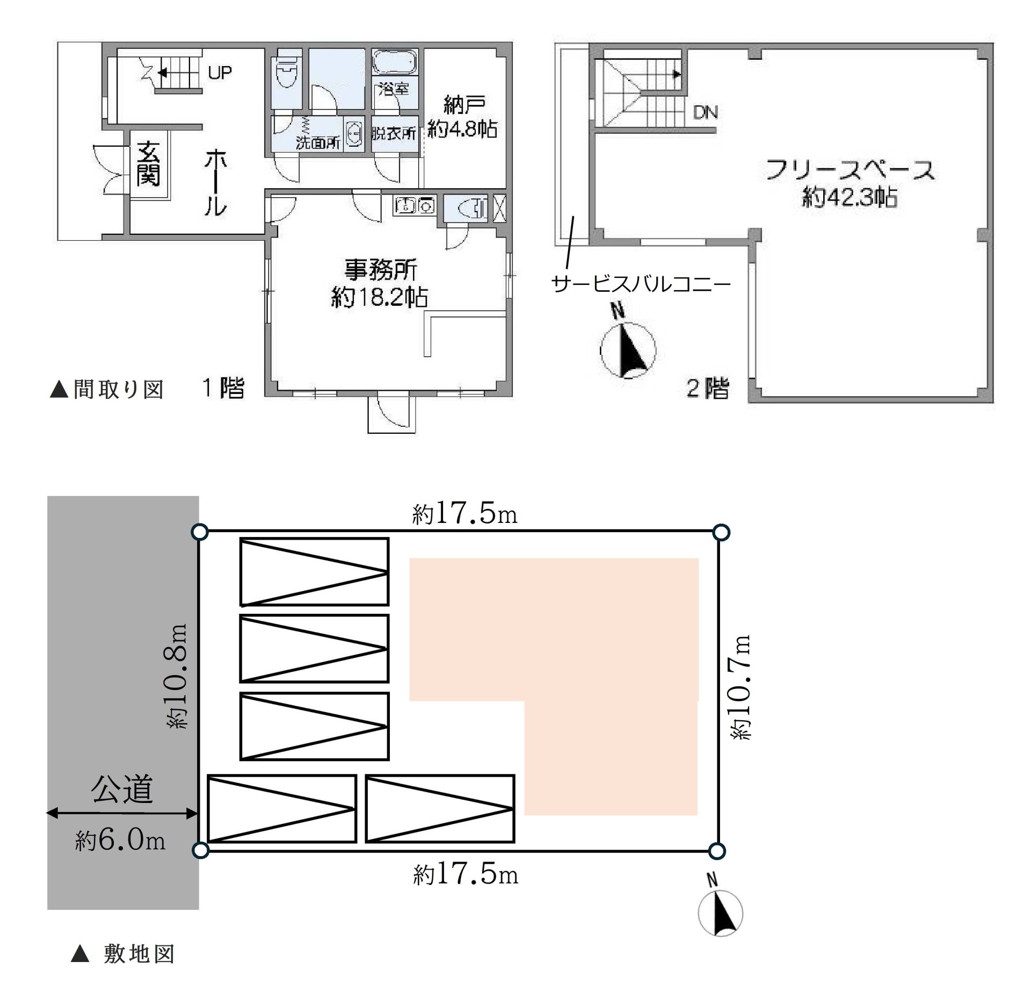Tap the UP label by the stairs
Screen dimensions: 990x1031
point(220,73)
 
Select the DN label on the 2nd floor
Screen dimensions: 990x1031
point(706,112)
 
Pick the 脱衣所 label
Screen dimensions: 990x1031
point(394,133)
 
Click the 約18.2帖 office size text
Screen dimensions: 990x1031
point(379,297)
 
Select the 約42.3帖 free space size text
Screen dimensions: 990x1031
point(849,198)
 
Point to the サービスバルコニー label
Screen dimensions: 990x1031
point(641,283)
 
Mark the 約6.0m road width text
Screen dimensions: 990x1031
point(120,840)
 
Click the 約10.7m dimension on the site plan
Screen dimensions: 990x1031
point(740,687)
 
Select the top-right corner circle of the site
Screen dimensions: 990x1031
point(721,533)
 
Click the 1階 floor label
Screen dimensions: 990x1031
point(223,388)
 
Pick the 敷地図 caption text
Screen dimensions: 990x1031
point(139,954)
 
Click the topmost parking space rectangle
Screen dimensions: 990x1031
point(314,572)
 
